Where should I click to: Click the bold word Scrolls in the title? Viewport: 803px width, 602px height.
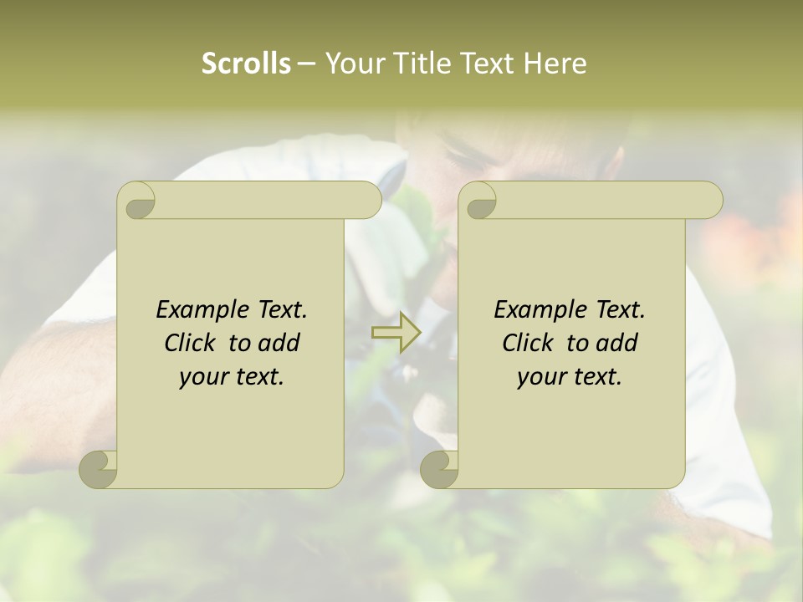pyautogui.click(x=246, y=64)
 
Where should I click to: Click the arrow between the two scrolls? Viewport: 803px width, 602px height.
pyautogui.click(x=396, y=333)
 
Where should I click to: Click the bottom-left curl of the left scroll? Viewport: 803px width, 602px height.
pyautogui.click(x=99, y=468)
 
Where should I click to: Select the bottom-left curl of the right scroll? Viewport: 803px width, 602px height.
pyautogui.click(x=439, y=468)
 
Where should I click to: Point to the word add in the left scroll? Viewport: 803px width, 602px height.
pyautogui.click(x=279, y=343)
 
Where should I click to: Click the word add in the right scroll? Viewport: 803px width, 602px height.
pyautogui.click(x=617, y=343)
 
